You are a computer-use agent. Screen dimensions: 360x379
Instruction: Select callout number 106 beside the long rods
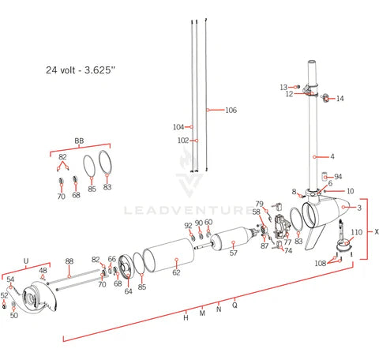coord(231,110)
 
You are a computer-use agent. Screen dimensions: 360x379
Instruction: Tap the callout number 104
coord(178,127)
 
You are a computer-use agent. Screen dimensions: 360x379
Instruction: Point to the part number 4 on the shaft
coord(332,156)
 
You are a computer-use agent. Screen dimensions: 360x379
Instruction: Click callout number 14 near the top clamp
coord(340,99)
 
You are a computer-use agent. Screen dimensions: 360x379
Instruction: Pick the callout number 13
coord(283,87)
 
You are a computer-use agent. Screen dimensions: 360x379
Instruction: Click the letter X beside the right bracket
coord(376,232)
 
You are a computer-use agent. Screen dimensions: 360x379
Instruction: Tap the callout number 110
coord(356,232)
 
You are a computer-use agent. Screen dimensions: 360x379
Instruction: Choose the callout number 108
coord(321,263)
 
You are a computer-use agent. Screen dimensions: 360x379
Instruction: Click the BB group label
coord(79,141)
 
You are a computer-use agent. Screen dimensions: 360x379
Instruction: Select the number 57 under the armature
coord(233,253)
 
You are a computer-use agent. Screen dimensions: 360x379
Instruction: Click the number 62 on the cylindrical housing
coord(176,272)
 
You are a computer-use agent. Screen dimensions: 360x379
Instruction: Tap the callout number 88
coord(69,261)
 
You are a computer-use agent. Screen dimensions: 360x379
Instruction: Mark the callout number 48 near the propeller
coord(43,270)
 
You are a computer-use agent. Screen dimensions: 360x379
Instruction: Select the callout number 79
coord(258,204)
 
